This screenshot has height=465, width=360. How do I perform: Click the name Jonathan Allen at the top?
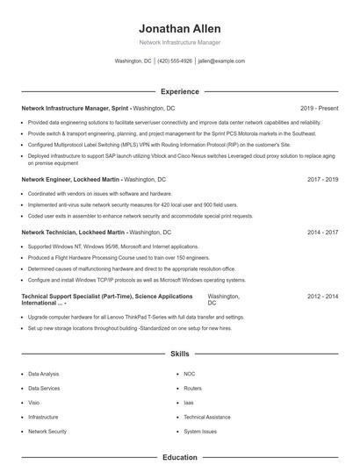(x=179, y=28)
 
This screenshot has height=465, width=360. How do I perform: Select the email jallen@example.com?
(x=221, y=61)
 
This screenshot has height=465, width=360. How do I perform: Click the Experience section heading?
(x=179, y=91)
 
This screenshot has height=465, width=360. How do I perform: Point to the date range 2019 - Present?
(x=319, y=108)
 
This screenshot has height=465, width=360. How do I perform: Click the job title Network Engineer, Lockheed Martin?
(x=71, y=179)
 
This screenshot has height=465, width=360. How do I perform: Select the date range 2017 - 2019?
(x=322, y=179)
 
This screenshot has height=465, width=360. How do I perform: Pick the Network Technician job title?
(x=74, y=232)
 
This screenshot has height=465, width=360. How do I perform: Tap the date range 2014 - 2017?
(x=322, y=232)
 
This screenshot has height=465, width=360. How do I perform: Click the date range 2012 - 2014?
(x=322, y=297)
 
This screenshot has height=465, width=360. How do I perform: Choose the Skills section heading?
(x=179, y=353)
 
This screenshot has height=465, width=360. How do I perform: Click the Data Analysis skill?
(x=44, y=374)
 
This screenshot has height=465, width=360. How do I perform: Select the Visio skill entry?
(x=33, y=403)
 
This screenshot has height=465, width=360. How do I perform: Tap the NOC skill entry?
(x=190, y=374)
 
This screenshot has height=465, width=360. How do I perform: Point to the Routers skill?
(x=192, y=388)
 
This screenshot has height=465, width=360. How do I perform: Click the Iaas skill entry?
(x=189, y=403)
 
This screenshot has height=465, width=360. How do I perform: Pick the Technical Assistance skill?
(x=207, y=417)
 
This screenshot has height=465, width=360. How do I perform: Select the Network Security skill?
(x=47, y=432)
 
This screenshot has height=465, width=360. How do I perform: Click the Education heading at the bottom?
(x=179, y=457)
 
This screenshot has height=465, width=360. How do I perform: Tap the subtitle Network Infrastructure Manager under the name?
(x=179, y=42)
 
